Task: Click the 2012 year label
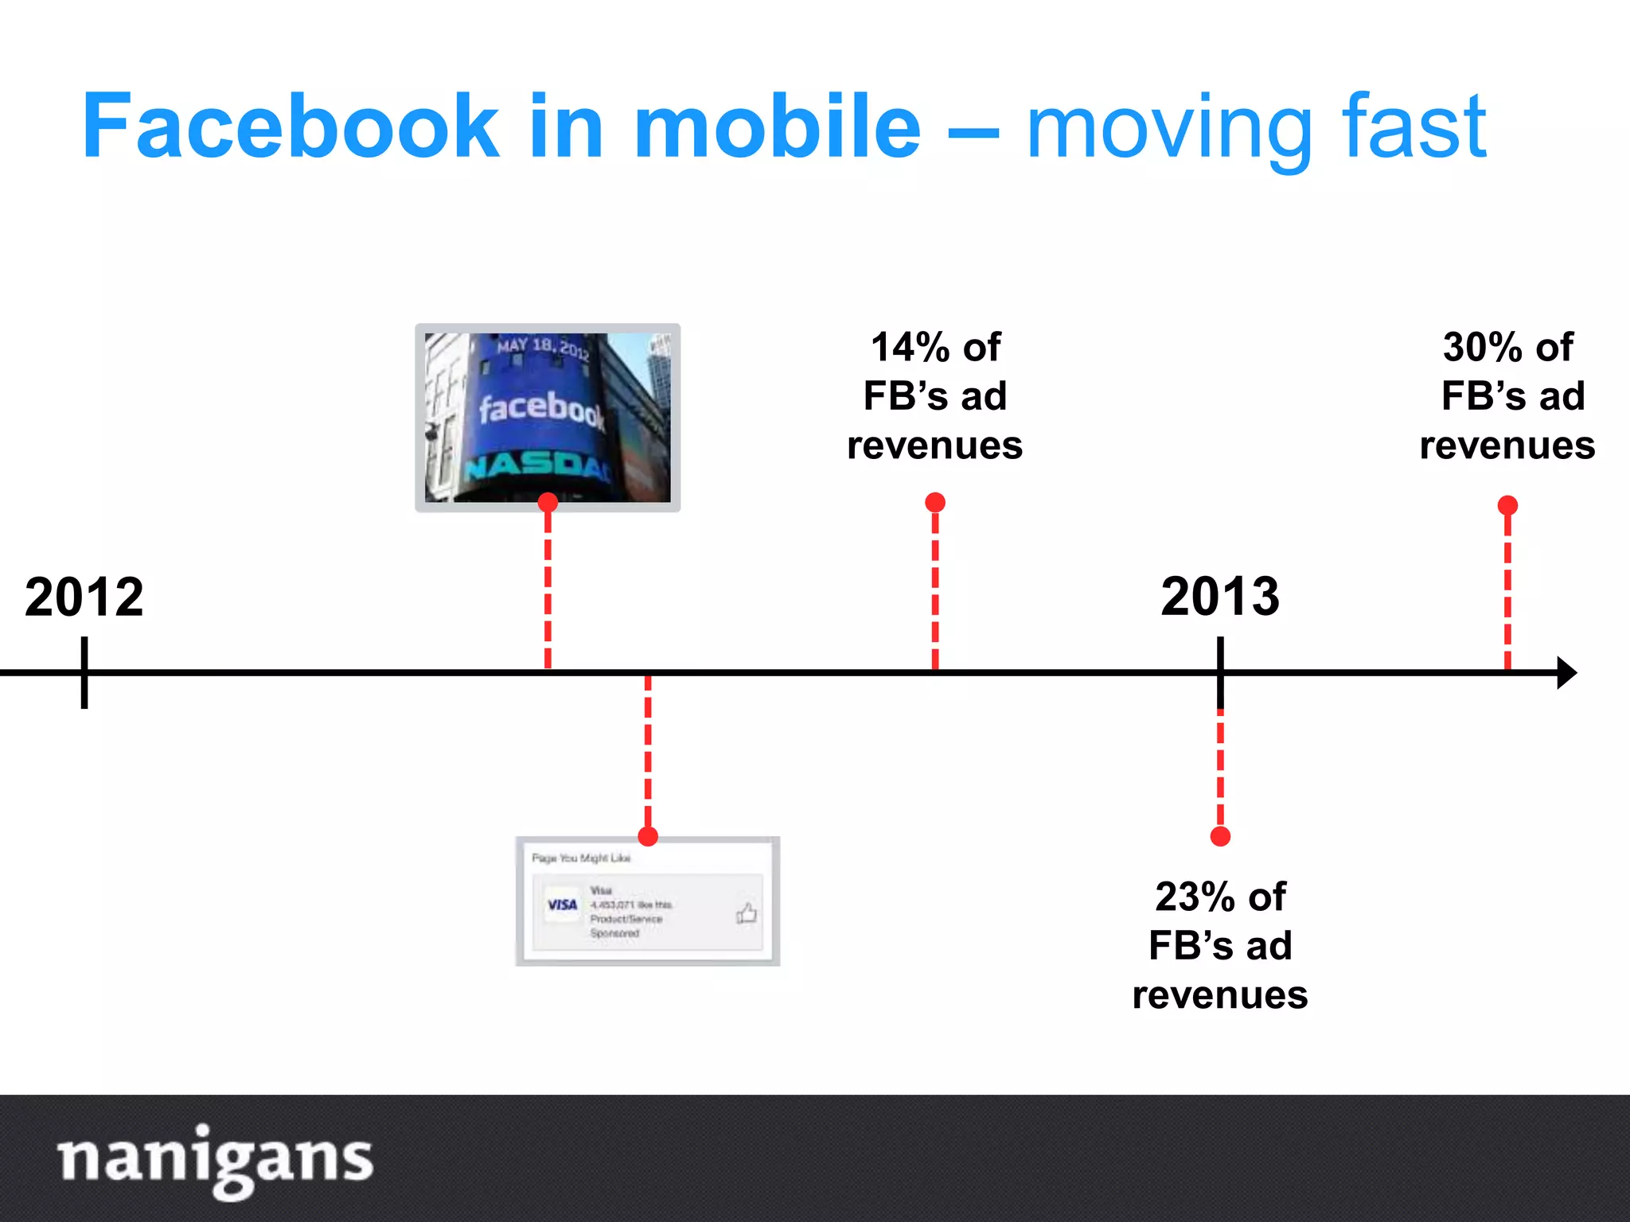(84, 597)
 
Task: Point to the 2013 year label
(1220, 597)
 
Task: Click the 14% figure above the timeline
(907, 348)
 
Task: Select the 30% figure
(1480, 348)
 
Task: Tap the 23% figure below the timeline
(1192, 897)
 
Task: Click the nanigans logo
(215, 1160)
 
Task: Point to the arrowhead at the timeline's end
(1566, 673)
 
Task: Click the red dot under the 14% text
(935, 503)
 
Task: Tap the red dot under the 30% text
(1507, 505)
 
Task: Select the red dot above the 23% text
(1220, 836)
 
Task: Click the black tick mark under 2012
(84, 673)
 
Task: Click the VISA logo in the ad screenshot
(562, 905)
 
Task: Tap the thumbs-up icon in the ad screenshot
(747, 913)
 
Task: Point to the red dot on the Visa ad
(648, 836)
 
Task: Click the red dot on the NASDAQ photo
(548, 503)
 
